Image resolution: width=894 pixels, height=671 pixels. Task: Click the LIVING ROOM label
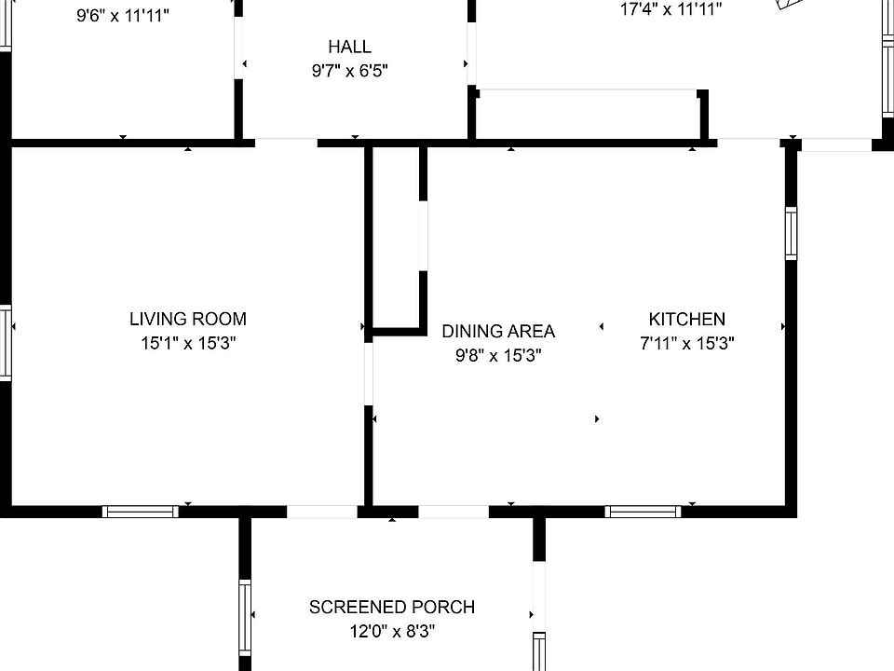coord(188,319)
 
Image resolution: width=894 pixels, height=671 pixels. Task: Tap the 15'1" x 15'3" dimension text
coord(188,344)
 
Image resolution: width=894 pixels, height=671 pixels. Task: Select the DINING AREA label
coord(498,332)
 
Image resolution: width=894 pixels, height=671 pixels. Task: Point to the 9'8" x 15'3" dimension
coord(498,356)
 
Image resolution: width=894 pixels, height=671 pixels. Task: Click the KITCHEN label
coord(687,319)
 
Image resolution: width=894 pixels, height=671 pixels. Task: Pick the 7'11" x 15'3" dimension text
coord(687,344)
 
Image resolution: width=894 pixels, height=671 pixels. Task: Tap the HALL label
coord(349,47)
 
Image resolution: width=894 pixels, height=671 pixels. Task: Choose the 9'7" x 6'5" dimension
coord(349,71)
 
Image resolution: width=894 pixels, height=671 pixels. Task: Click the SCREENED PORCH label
coord(392,607)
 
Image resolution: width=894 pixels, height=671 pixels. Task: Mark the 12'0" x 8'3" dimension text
coord(392,632)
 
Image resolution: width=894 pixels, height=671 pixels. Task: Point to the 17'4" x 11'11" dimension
coord(671,9)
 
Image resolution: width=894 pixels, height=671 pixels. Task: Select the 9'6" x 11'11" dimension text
coord(123,16)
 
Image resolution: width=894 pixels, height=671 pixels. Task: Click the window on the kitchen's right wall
coord(791,233)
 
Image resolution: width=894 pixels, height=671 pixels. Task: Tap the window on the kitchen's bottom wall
coord(643,512)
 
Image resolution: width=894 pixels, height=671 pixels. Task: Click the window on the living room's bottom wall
coord(141,512)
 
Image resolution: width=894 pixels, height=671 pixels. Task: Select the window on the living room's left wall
coord(6,343)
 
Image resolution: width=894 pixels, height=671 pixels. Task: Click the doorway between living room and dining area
coord(369,374)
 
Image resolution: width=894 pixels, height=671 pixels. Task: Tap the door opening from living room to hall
coord(286,143)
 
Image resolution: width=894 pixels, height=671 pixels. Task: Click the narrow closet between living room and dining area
coord(396,237)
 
